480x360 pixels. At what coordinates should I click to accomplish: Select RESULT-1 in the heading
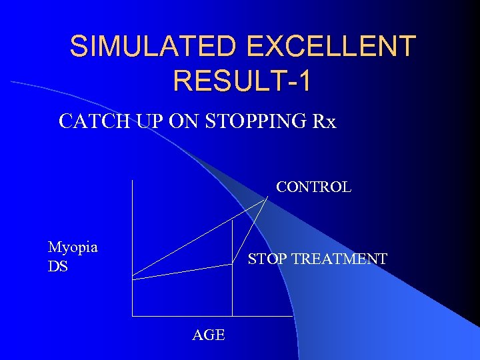point(241,81)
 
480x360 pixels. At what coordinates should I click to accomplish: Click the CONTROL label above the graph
point(313,187)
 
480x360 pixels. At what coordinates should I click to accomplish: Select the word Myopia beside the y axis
point(73,247)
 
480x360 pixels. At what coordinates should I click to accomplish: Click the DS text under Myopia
point(57,266)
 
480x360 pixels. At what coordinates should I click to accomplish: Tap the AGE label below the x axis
point(208,335)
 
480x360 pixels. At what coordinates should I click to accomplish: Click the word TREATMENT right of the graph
point(341,259)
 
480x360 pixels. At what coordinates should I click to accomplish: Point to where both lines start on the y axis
point(133,276)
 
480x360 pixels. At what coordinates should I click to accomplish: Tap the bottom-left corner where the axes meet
point(133,315)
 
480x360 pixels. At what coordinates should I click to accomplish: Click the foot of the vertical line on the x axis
point(232,315)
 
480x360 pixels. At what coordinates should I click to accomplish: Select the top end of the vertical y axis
point(133,181)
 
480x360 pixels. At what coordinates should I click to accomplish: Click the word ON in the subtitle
point(182,122)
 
